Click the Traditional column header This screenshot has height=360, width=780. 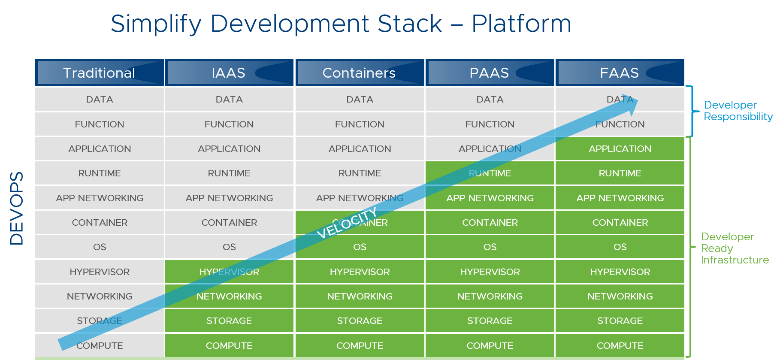coord(100,73)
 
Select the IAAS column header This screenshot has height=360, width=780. coord(229,73)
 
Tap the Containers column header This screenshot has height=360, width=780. coord(360,73)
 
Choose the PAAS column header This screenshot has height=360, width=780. coord(490,73)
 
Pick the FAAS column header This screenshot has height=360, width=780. coord(620,73)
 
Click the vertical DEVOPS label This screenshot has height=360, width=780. coord(17,209)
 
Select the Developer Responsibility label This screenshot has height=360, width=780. coord(738,111)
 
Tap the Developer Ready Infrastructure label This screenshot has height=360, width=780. coord(735,248)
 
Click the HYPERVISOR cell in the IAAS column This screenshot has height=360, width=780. coord(229,272)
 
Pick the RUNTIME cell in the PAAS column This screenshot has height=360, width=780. coord(490,173)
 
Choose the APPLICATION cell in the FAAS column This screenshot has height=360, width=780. coord(620,148)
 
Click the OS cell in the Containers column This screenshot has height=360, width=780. coord(360,247)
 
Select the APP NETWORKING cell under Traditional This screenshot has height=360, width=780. coord(100,198)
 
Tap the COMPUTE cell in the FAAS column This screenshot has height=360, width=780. coord(620,345)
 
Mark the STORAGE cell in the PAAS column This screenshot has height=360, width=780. coord(490,321)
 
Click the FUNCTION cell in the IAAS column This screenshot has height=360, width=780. coord(229,124)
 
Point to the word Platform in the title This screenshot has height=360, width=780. coord(521,23)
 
